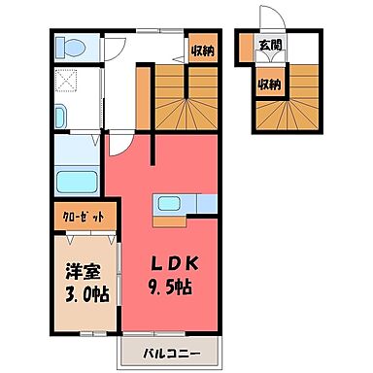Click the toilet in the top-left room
(x=71, y=48)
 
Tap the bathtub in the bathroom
(x=77, y=182)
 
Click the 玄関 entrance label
(x=269, y=46)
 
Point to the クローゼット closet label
(x=84, y=217)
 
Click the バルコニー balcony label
(x=172, y=353)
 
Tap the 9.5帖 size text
(x=170, y=287)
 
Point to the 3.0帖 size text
(x=87, y=294)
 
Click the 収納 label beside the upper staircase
(x=203, y=51)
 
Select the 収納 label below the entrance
(x=269, y=85)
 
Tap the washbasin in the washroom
(x=60, y=116)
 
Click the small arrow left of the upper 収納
(x=178, y=59)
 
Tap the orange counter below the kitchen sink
(x=169, y=221)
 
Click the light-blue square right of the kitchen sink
(x=207, y=203)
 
